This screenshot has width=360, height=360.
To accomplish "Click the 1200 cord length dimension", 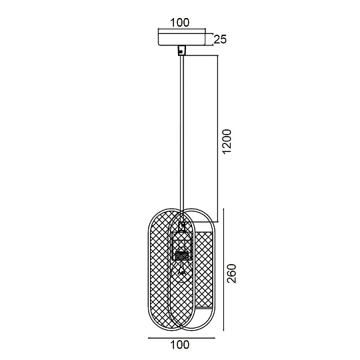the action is point(227,141).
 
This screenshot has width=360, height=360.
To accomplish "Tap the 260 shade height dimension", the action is point(231,273).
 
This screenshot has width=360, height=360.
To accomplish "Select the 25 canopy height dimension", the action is point(220,39).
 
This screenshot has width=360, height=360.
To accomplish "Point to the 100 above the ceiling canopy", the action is point(180,23).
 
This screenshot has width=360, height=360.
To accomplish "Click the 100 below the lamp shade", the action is point(180,345).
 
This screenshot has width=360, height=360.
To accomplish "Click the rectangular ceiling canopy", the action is point(182,39).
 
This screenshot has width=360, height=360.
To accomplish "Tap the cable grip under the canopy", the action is point(182,50).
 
